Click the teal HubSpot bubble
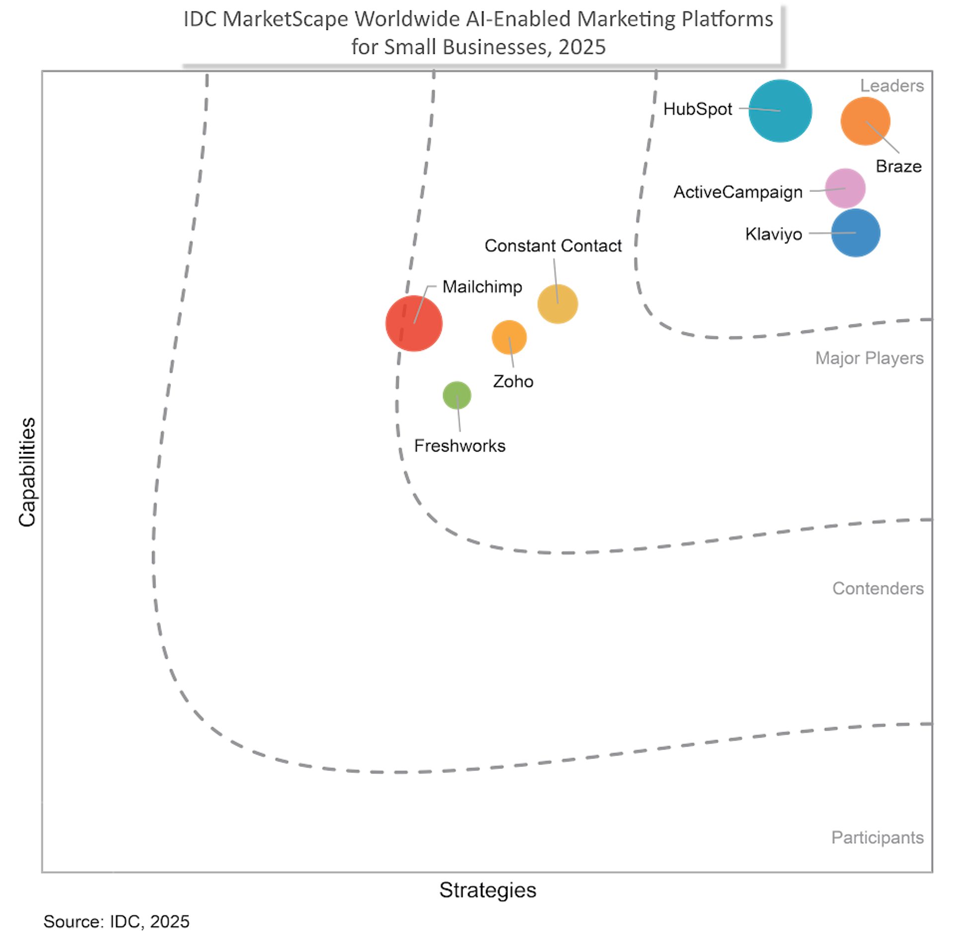click(780, 111)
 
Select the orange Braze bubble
click(865, 121)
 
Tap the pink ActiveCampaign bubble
click(845, 188)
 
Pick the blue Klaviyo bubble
click(856, 233)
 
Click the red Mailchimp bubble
click(414, 323)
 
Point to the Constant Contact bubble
click(557, 304)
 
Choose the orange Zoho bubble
click(509, 337)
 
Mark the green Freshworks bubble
click(457, 395)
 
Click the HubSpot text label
click(698, 109)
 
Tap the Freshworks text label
click(460, 446)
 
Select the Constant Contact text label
click(553, 245)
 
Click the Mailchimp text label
click(482, 287)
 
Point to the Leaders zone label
click(892, 86)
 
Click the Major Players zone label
click(869, 358)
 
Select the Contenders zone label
click(878, 588)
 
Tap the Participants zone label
click(877, 837)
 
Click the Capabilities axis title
click(27, 472)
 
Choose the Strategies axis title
click(487, 890)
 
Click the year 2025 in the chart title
click(582, 47)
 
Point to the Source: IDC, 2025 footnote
click(116, 921)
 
